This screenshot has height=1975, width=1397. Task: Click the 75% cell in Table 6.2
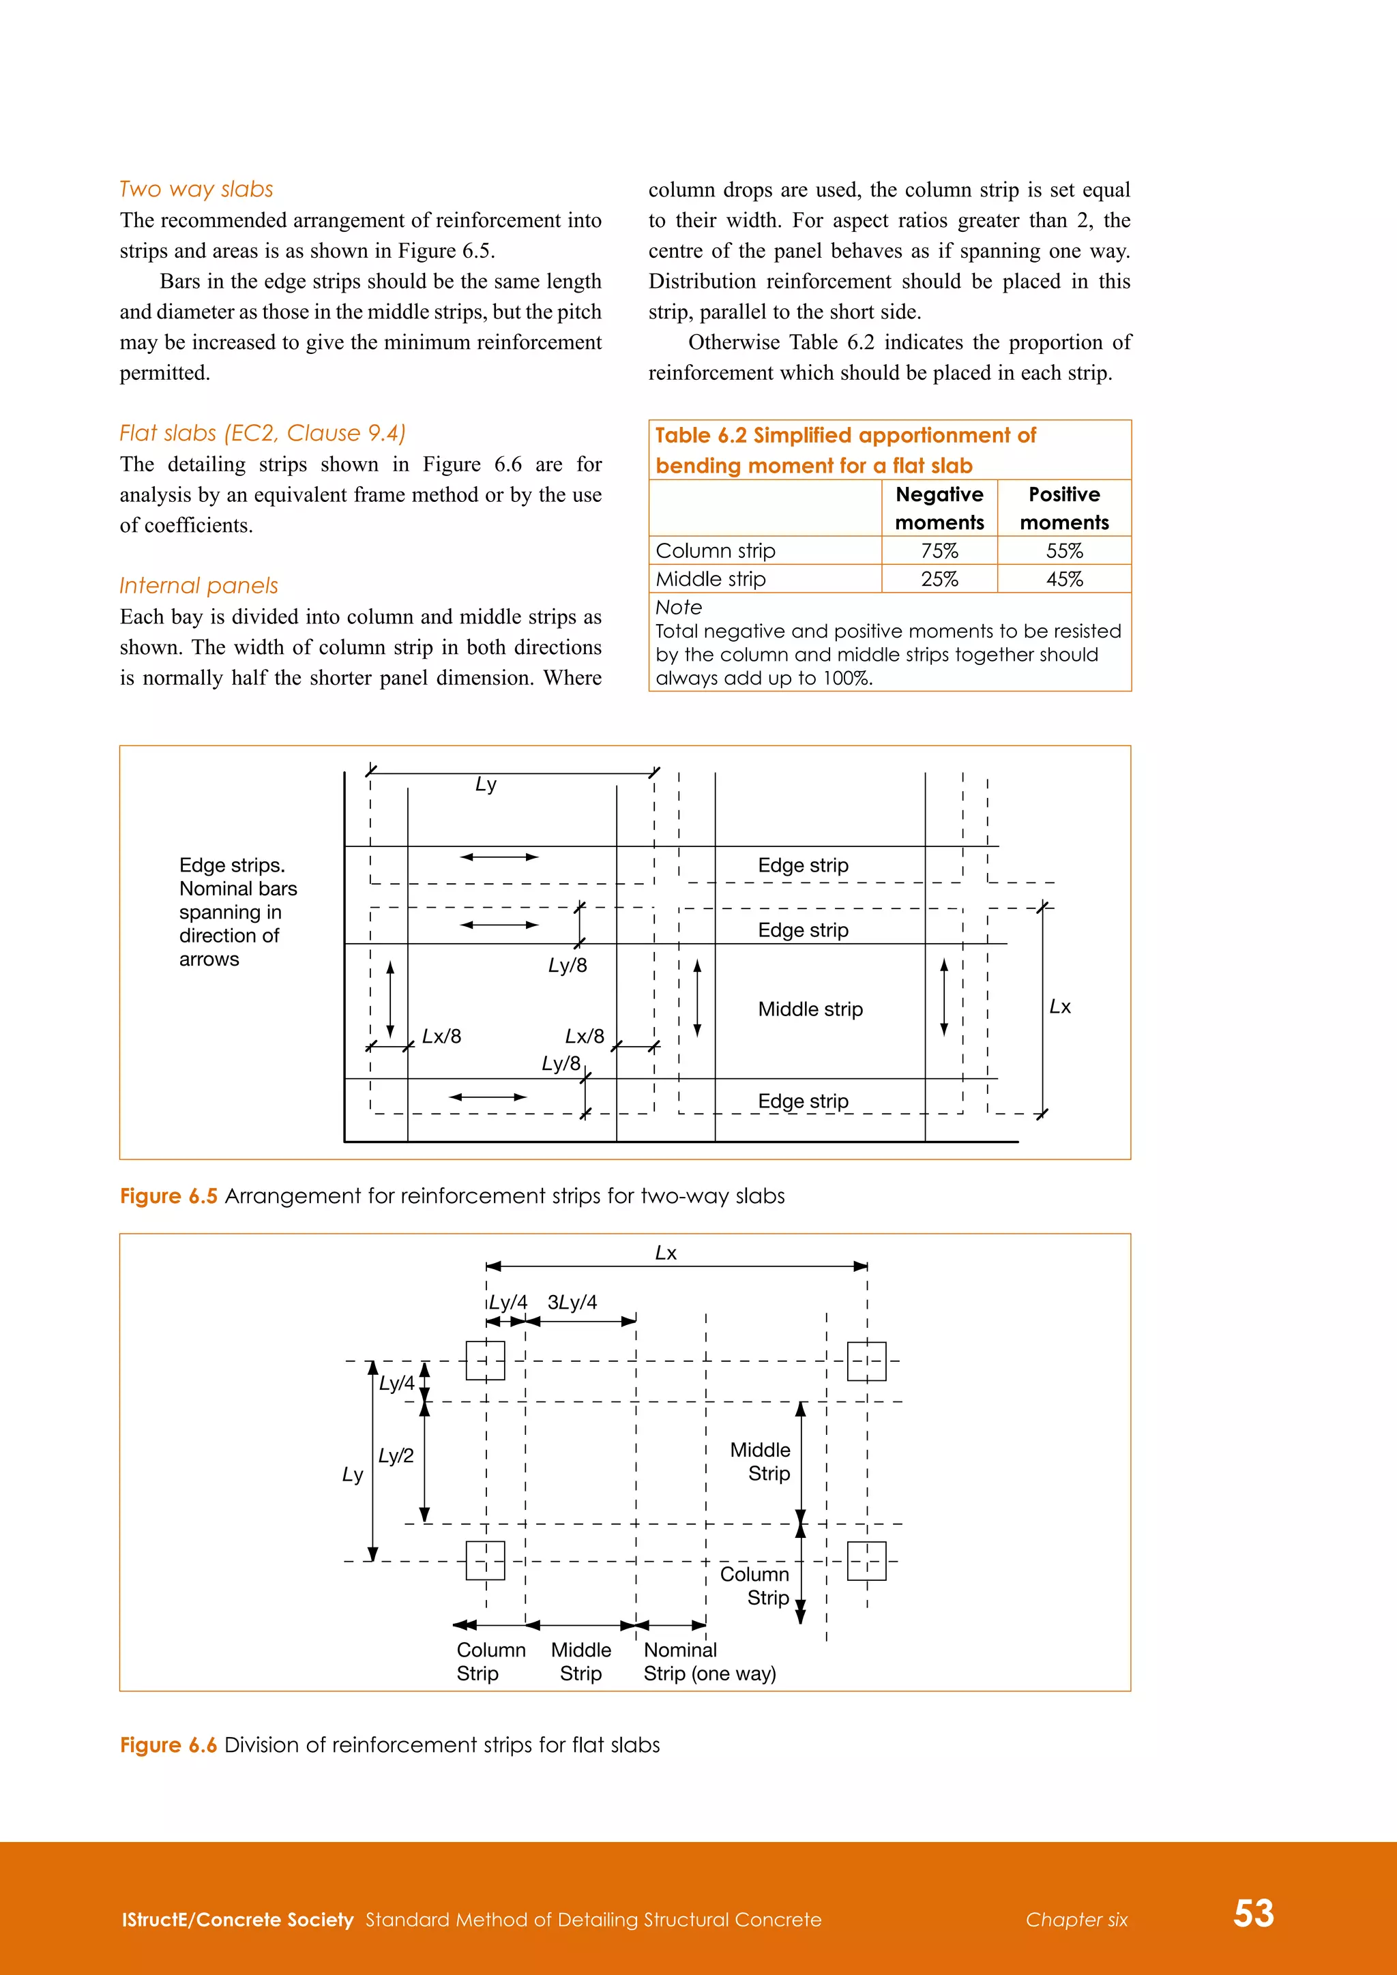[x=939, y=550]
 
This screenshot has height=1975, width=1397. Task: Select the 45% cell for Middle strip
[x=1064, y=579]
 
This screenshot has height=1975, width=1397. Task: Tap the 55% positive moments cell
[x=1064, y=550]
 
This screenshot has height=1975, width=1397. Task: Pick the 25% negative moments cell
[x=939, y=579]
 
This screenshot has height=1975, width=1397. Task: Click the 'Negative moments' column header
[x=939, y=508]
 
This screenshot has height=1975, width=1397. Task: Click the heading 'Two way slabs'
[x=196, y=189]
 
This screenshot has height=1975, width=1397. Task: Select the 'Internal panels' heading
[x=198, y=586]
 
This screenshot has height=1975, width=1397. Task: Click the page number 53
[x=1253, y=1913]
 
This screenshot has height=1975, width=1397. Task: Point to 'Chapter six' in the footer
[x=1076, y=1920]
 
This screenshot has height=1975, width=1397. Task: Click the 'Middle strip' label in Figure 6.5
[x=810, y=1009]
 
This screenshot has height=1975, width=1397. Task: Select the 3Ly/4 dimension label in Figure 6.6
[x=572, y=1303]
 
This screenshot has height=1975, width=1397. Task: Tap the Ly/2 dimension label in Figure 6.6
[x=396, y=1455]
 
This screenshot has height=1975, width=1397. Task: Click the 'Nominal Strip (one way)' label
[x=709, y=1662]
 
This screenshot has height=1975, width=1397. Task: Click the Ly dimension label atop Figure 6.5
[x=486, y=784]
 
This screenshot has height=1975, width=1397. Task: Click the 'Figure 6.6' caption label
[x=168, y=1744]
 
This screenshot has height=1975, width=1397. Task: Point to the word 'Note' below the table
[x=679, y=607]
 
